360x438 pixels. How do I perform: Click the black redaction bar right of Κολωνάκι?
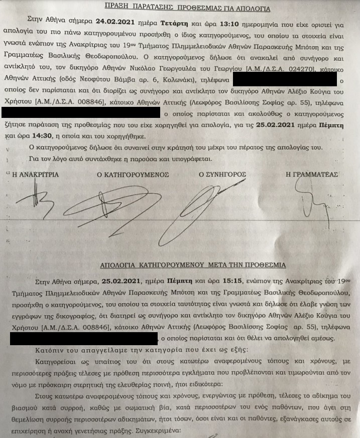[x=285, y=80]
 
